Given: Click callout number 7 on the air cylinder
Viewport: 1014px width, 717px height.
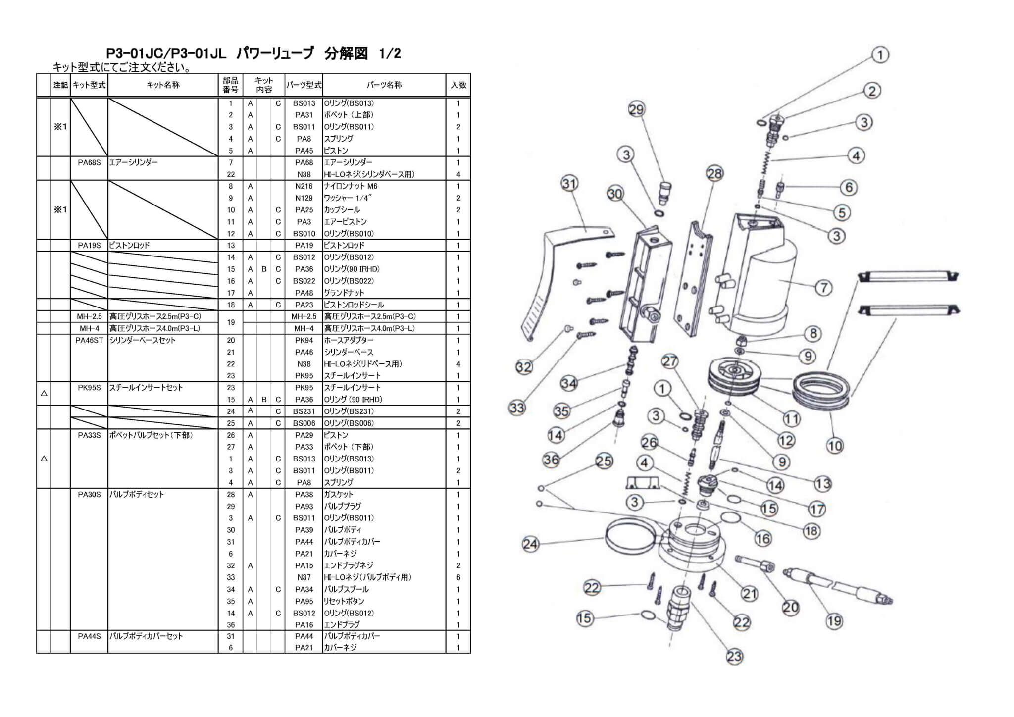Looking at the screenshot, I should (x=823, y=288).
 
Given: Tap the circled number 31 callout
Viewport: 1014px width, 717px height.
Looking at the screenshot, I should (x=569, y=184).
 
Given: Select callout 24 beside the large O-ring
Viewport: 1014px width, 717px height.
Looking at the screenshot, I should (x=530, y=544).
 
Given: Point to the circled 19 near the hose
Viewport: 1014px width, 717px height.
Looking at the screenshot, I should (x=834, y=620).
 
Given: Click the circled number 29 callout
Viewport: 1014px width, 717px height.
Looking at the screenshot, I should (x=636, y=109).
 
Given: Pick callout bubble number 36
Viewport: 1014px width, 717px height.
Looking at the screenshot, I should (x=551, y=460).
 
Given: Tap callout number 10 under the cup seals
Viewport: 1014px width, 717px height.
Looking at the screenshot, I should (x=835, y=446).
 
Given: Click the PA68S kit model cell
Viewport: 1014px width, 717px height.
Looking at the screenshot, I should (x=89, y=162).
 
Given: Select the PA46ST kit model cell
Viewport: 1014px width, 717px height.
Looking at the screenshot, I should (x=89, y=340).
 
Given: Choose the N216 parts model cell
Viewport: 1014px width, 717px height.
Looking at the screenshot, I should (x=304, y=186).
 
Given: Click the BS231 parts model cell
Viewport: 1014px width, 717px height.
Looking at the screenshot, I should (x=304, y=411).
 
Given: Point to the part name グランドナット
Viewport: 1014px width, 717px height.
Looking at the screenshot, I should (x=344, y=293).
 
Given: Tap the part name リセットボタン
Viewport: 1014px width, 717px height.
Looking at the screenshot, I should (x=344, y=601).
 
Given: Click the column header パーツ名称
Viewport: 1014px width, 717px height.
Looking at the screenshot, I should (x=384, y=85).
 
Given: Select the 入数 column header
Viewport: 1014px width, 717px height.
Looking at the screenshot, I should (x=458, y=85).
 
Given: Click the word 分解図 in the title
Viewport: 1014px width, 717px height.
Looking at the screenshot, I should (x=346, y=53).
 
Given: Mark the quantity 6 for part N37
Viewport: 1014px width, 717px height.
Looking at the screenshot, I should (x=458, y=577).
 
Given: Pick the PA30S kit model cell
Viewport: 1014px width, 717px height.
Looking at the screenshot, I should (x=89, y=495).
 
